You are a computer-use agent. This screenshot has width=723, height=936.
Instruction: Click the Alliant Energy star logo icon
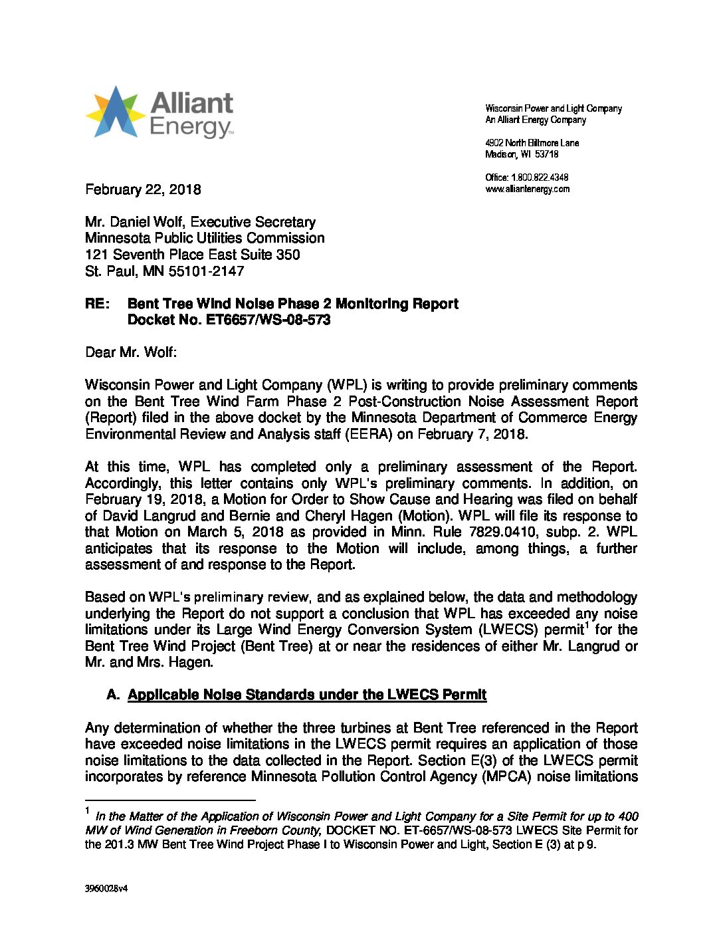coord(114,112)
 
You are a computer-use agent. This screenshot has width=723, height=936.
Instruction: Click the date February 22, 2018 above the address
coord(143,189)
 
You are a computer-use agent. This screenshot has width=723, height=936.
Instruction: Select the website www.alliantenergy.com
coord(527,189)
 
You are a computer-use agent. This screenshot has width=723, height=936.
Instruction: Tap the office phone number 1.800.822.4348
coord(539,177)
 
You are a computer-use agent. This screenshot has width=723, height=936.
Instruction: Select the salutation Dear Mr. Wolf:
coord(131,352)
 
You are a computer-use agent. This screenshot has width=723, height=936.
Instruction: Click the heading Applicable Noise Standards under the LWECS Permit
coord(307,695)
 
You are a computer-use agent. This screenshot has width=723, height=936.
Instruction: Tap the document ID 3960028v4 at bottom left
coord(106,889)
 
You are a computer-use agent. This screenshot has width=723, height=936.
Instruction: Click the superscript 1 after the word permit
coord(588,625)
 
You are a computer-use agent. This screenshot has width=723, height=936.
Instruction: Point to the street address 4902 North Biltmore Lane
coord(532,143)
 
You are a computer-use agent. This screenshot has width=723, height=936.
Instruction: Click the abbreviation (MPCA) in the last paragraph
coord(507,776)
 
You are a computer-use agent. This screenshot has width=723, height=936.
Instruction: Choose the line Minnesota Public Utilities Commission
coord(205,238)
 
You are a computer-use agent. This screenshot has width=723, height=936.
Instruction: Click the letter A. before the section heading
coord(113,695)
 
